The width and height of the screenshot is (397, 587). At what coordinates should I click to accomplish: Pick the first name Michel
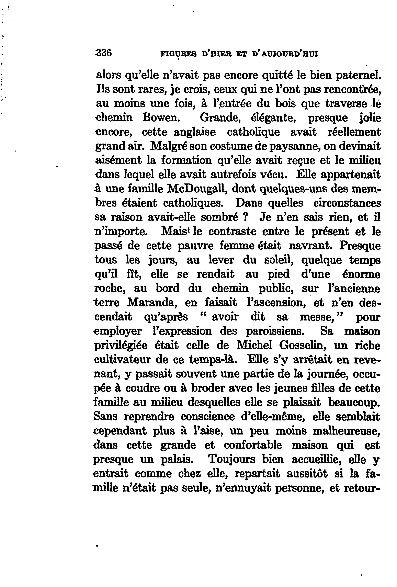[x=254, y=345]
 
